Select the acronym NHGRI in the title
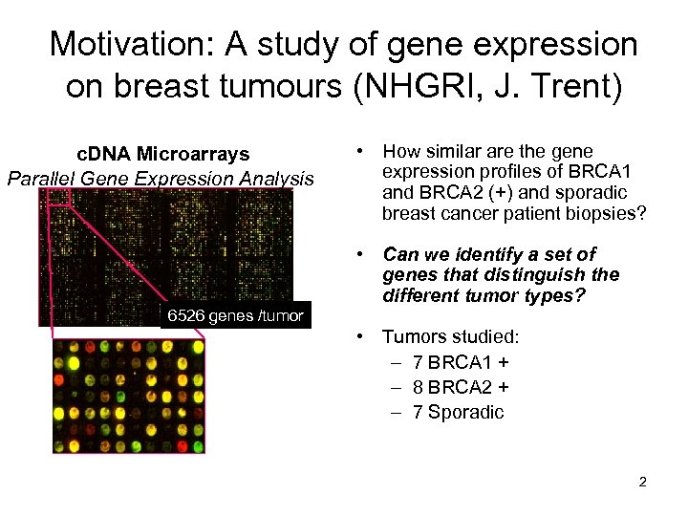(417, 87)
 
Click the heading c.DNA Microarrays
(162, 154)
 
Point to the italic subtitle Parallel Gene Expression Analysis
(160, 178)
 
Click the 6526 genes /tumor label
(235, 315)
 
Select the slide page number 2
(642, 482)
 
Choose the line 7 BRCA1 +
(460, 363)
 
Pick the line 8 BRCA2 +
(460, 387)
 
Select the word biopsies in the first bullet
(612, 213)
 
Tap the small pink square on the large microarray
(56, 196)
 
